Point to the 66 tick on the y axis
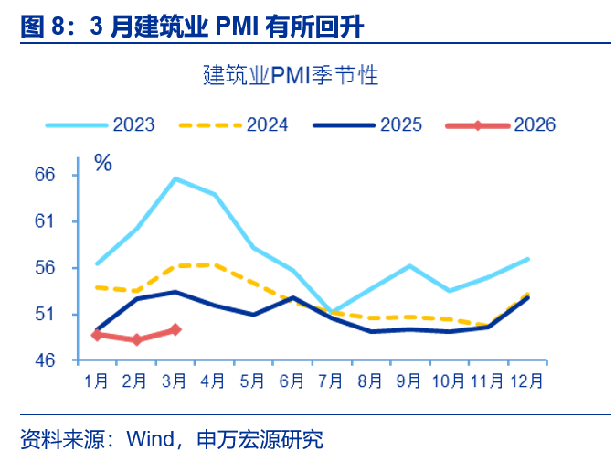pyautogui.click(x=70, y=174)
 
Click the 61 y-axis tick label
pyautogui.click(x=70, y=220)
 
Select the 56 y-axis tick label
pyautogui.click(x=70, y=267)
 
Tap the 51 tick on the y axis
pyautogui.click(x=70, y=314)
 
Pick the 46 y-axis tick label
pyautogui.click(x=70, y=360)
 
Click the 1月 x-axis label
pyautogui.click(x=97, y=379)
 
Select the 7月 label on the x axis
pyautogui.click(x=332, y=379)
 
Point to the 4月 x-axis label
pyautogui.click(x=214, y=379)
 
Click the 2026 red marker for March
pyautogui.click(x=175, y=329)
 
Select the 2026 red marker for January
pyautogui.click(x=97, y=335)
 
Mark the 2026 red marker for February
pyautogui.click(x=136, y=339)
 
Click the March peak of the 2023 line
pyautogui.click(x=175, y=178)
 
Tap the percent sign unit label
pyautogui.click(x=103, y=164)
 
